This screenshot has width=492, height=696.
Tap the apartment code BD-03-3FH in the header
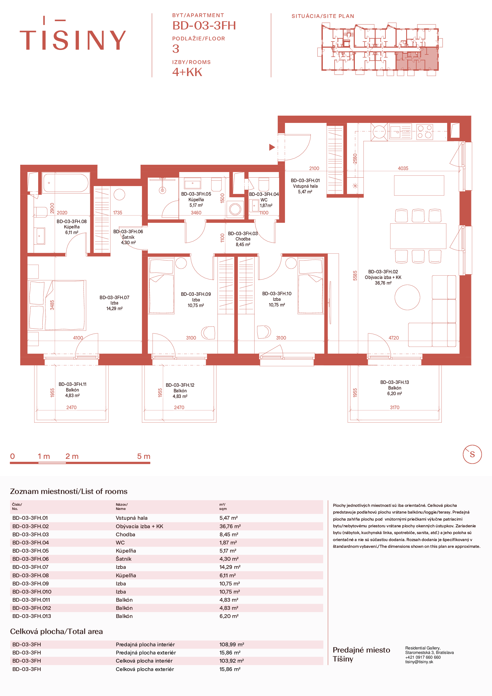tap(204, 26)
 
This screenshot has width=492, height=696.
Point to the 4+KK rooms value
tap(187, 72)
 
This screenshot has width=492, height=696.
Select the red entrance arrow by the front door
tap(272, 147)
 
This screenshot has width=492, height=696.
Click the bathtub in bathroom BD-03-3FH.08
tap(66, 183)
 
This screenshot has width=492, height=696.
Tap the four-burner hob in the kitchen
tap(424, 132)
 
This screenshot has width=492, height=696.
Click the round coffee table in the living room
tap(407, 297)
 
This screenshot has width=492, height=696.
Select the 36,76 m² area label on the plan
tap(383, 283)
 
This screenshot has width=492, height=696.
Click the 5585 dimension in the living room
tap(355, 276)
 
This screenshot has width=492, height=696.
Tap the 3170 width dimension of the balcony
tap(394, 407)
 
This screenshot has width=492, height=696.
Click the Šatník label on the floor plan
tap(128, 237)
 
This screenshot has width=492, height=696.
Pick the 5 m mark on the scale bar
tap(144, 456)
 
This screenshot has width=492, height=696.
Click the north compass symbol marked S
tap(472, 454)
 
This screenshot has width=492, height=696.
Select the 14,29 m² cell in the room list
tap(230, 567)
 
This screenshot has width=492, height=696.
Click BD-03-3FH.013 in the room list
tap(31, 616)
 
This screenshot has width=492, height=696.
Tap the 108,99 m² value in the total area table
tap(232, 644)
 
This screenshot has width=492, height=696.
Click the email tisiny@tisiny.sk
tap(419, 662)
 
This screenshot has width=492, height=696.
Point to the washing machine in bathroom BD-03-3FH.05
tap(235, 209)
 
